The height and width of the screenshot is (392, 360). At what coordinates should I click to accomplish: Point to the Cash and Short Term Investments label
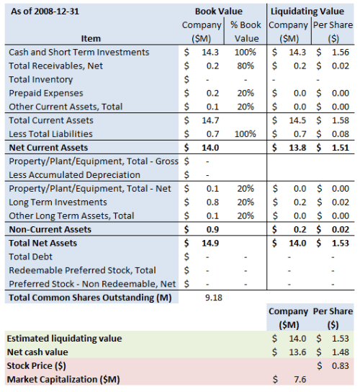78,53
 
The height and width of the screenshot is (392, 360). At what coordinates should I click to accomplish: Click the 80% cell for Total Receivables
247,66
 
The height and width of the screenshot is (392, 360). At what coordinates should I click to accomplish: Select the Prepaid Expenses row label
45,93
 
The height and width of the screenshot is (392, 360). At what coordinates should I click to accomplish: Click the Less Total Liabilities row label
54,133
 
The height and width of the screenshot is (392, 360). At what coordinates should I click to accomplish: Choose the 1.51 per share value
339,147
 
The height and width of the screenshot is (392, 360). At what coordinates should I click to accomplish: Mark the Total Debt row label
32,257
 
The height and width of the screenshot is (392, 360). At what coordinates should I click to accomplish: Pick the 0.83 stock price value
339,365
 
